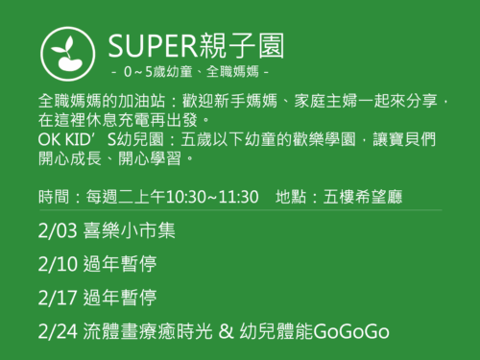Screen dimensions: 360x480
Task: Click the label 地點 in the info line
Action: click(292, 197)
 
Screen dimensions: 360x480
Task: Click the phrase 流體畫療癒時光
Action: click(148, 331)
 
